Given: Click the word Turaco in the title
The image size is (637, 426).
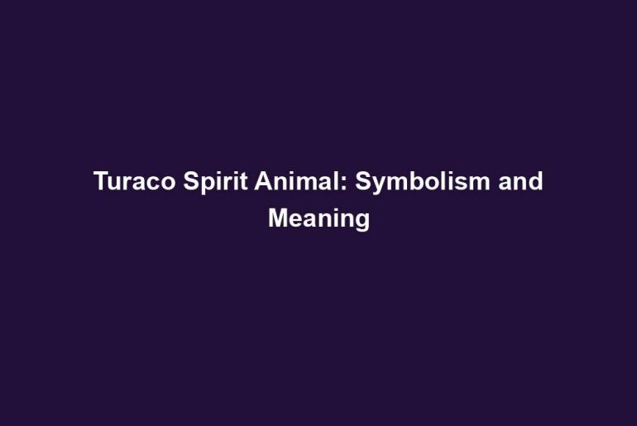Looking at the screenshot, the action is click(135, 181).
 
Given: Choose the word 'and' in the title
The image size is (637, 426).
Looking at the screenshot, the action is click(521, 180).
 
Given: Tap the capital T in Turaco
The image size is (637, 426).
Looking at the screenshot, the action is click(102, 180).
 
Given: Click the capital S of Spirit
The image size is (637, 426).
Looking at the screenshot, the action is click(192, 180).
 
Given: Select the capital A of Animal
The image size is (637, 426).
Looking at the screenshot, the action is click(264, 180).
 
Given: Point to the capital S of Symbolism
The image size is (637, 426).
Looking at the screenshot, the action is click(364, 180).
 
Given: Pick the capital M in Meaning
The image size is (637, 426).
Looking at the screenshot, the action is click(278, 218).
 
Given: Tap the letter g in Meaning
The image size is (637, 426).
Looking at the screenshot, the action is click(362, 223).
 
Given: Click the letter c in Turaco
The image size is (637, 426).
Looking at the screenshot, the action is click(152, 184).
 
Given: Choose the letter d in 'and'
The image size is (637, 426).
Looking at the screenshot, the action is click(536, 180).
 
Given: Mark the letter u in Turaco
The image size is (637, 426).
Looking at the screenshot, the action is click(115, 184).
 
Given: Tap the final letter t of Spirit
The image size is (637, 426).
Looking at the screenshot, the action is click(244, 181).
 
